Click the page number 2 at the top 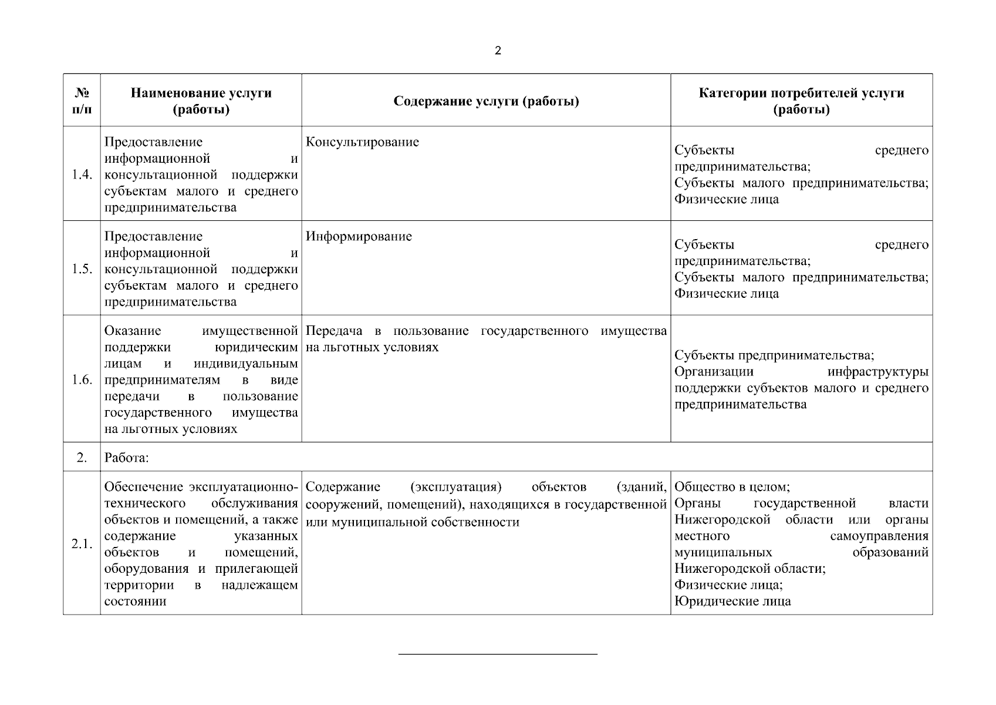click(x=498, y=51)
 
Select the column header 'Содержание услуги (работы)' click(x=486, y=101)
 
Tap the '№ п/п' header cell click(x=82, y=101)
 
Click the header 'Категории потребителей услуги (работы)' click(x=801, y=101)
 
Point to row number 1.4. click(x=82, y=174)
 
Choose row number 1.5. click(x=82, y=269)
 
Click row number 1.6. click(x=82, y=380)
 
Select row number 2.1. click(x=82, y=544)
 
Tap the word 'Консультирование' click(x=362, y=142)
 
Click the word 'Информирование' click(x=359, y=237)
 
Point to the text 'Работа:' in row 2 click(x=126, y=458)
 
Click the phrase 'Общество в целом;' click(x=732, y=487)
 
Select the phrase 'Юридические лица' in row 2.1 click(x=732, y=601)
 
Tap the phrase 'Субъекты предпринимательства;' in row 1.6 click(x=774, y=355)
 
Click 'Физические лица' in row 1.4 click(x=727, y=199)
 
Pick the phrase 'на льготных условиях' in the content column click(x=372, y=347)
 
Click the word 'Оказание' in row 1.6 click(x=133, y=331)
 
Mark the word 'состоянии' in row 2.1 click(x=135, y=602)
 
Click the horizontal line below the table click(x=498, y=654)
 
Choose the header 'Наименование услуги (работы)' click(x=201, y=101)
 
